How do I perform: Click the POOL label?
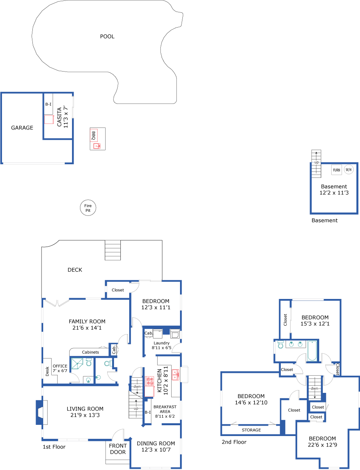(107, 37)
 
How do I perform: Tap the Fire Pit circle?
(88, 208)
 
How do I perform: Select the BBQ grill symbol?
(94, 135)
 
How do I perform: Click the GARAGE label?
(22, 128)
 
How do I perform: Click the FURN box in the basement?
(337, 170)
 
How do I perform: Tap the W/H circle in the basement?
(348, 169)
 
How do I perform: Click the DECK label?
(75, 270)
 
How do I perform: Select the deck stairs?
(112, 250)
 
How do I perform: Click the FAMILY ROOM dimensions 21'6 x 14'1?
(87, 328)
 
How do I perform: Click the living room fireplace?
(40, 412)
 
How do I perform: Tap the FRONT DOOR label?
(118, 449)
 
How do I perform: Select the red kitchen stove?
(150, 381)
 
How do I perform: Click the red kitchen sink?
(176, 375)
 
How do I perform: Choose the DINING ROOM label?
(156, 443)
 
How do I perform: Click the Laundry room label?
(162, 343)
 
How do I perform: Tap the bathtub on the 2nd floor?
(312, 351)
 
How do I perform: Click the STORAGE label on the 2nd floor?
(251, 430)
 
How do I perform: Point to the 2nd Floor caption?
(234, 442)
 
